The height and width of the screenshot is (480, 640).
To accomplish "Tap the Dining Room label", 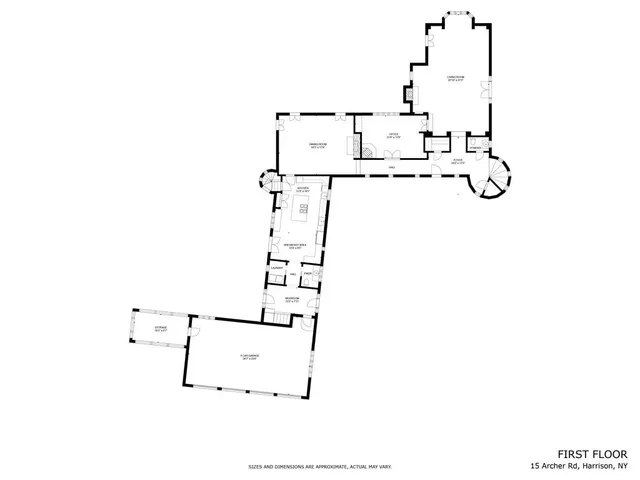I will [x=318, y=147].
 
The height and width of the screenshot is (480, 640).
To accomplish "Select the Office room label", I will [x=393, y=136].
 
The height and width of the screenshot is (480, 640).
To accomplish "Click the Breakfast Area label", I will [x=295, y=245].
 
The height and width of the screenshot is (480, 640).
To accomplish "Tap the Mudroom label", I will [x=291, y=299].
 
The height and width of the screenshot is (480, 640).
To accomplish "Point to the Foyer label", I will [x=457, y=160].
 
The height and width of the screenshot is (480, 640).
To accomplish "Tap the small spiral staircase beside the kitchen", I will [x=267, y=182].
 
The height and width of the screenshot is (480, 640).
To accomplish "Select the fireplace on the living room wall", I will [x=409, y=95].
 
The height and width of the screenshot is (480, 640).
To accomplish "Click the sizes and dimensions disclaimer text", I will [x=320, y=467].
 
